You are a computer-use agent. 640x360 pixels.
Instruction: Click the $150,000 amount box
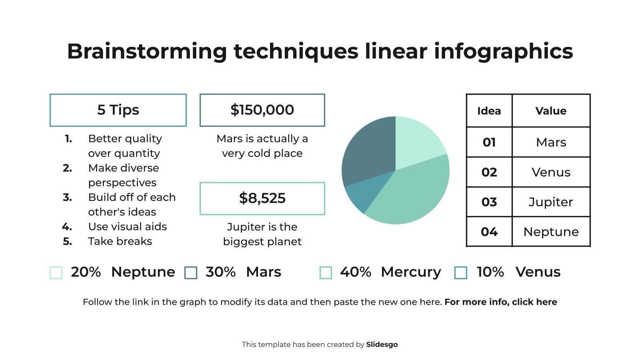pos(262,110)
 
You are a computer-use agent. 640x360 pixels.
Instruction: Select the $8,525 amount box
pos(262,198)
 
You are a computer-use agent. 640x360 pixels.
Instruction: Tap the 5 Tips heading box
pos(118,110)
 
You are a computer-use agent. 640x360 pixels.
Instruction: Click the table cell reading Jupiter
pos(551,202)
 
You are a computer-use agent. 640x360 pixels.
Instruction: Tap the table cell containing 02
pos(489,172)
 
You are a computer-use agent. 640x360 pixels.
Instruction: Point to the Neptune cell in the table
pos(551,232)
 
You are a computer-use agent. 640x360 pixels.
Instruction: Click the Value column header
pos(551,111)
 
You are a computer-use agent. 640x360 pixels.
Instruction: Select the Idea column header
pos(489,111)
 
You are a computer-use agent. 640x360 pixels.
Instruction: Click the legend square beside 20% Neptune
pos(56,273)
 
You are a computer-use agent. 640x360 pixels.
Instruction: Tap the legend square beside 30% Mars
pos(191,273)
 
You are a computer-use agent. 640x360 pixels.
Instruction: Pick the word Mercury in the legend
pos(411,272)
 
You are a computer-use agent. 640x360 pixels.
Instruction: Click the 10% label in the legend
pos(490,272)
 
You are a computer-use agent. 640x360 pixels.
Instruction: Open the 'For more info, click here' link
pos(500,302)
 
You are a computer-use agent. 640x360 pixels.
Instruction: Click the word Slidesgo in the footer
pos(382,344)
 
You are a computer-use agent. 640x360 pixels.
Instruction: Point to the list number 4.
pos(67,227)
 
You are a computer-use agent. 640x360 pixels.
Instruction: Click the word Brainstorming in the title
pos(147,51)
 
